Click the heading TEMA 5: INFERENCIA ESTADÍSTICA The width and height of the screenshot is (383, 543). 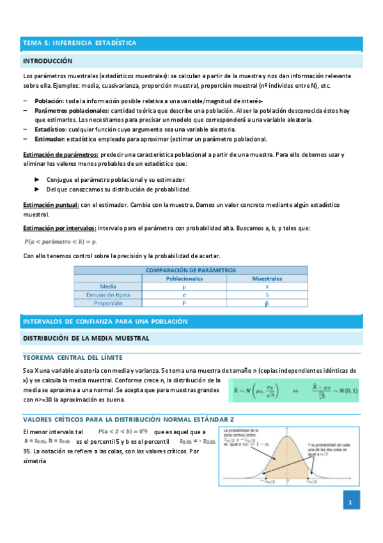(80, 43)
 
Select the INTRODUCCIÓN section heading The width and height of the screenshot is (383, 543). (48, 61)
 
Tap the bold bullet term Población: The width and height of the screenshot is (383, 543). (49, 101)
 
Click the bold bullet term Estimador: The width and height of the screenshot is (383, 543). (50, 138)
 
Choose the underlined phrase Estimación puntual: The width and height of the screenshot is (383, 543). (51, 204)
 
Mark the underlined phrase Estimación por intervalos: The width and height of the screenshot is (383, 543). (59, 228)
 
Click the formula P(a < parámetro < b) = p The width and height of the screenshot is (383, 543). (60, 242)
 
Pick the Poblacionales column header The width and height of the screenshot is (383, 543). (184, 279)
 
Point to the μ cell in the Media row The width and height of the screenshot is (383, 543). (184, 287)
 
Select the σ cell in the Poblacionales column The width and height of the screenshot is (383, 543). (184, 295)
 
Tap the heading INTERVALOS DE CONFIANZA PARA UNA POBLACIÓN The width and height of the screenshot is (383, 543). (105, 320)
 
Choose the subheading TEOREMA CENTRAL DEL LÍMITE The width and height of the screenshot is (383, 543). (73, 357)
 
